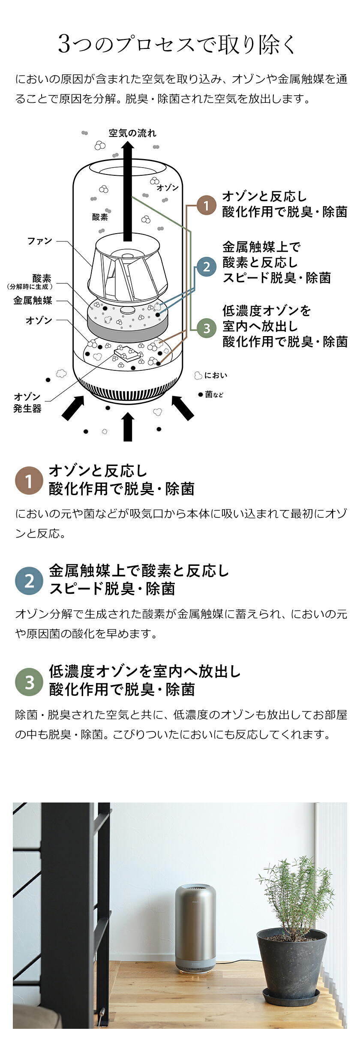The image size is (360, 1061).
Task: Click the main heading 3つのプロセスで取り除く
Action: click(177, 44)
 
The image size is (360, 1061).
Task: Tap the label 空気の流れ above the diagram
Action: click(132, 133)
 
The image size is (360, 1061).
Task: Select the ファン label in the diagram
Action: click(40, 241)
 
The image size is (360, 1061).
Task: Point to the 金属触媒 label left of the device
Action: click(33, 301)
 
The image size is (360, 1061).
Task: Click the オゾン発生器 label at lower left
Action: click(27, 403)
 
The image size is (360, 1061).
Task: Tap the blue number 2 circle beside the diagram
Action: click(206, 267)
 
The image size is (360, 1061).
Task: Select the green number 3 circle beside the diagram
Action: click(206, 328)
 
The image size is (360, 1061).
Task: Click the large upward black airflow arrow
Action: click(127, 192)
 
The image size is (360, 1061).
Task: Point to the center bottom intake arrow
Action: click(128, 426)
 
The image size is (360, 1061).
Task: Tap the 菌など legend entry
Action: click(210, 394)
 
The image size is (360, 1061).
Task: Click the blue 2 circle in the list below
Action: click(29, 581)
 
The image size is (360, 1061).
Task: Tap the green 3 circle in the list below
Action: click(29, 682)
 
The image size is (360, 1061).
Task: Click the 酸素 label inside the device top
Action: click(100, 217)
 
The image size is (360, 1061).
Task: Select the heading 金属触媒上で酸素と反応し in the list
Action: click(139, 571)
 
